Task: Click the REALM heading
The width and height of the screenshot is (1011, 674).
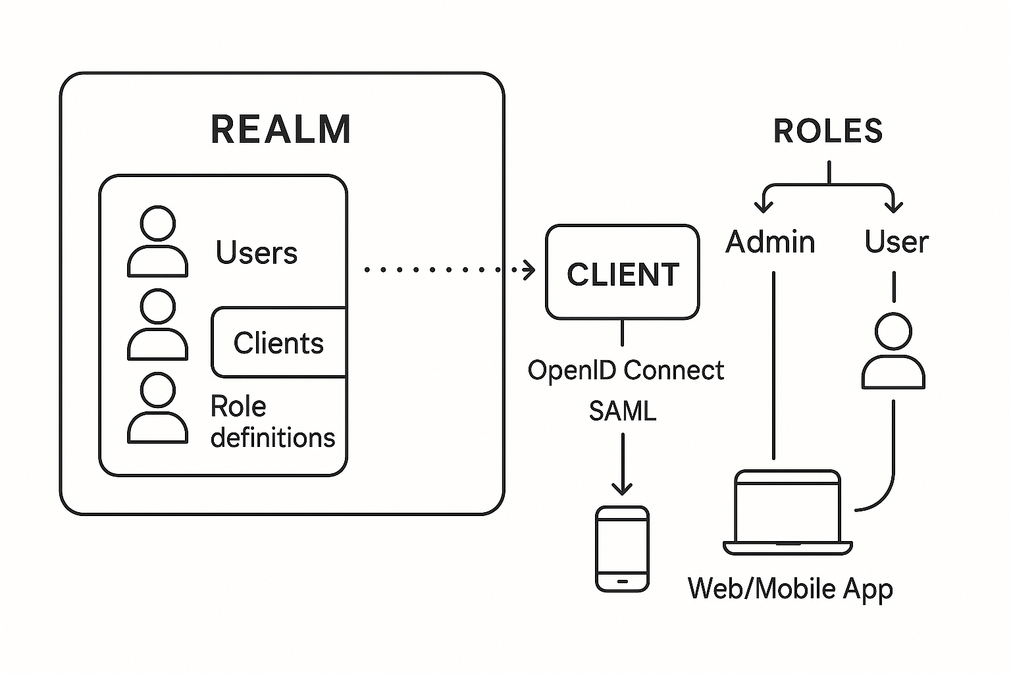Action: coord(281,129)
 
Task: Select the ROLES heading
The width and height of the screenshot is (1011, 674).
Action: coord(827,131)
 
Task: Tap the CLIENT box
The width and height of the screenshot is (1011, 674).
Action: coord(622,273)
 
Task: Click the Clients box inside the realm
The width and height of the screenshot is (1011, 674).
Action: coord(278,343)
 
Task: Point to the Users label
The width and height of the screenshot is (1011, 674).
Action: coord(256,253)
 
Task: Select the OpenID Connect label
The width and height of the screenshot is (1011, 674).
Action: coord(625,371)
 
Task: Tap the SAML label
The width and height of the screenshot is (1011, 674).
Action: coord(623,411)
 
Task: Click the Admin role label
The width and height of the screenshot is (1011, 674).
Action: coord(770,242)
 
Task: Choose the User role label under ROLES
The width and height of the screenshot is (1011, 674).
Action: coord(896,242)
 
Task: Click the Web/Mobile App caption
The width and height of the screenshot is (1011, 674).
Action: coord(790,588)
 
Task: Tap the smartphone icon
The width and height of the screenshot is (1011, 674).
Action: coord(622,548)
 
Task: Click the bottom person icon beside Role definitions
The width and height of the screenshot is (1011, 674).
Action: coord(157,408)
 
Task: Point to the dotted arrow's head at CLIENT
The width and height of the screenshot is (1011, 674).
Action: coord(530,269)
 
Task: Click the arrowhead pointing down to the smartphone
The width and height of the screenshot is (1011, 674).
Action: coord(622,489)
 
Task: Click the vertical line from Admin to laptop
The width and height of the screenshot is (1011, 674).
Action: coord(773,365)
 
